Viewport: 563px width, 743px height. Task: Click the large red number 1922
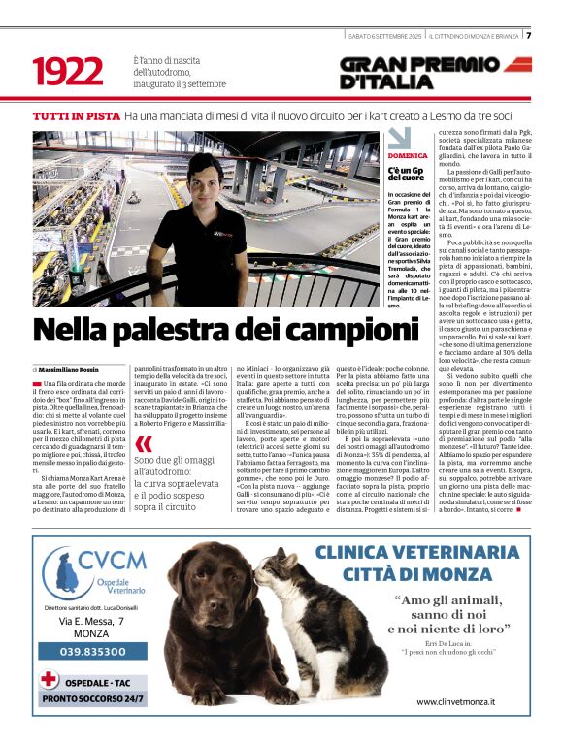pos(67,71)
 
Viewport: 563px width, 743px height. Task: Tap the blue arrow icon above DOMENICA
pos(399,138)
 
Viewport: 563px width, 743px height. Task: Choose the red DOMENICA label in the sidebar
pos(408,156)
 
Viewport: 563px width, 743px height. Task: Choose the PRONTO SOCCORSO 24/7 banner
pos(93,698)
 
